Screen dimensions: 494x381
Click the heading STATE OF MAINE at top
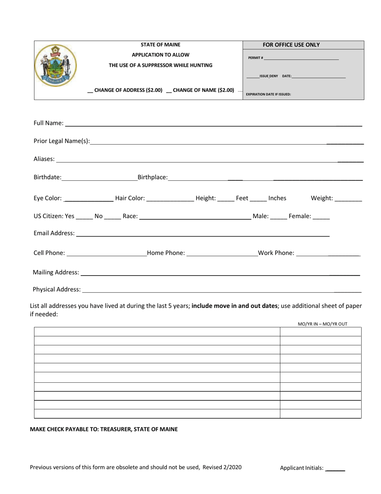point(160,45)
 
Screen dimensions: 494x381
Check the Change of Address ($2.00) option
point(90,91)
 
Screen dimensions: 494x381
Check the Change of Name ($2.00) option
point(168,91)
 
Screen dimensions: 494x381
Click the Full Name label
point(48,124)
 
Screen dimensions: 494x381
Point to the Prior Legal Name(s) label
point(62,141)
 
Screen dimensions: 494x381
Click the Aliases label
point(44,159)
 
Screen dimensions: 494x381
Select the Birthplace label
point(152,177)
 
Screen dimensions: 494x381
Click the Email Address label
point(54,233)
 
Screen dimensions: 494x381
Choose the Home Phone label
point(166,253)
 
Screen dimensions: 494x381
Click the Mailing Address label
point(56,272)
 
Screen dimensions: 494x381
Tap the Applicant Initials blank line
point(335,468)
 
